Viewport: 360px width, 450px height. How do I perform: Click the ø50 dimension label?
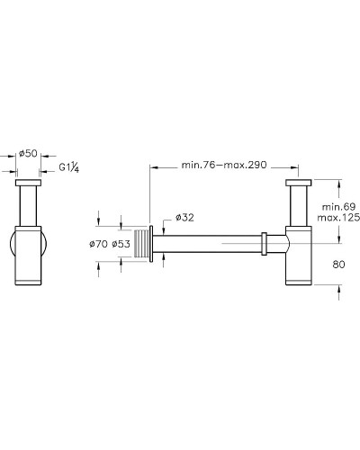28,154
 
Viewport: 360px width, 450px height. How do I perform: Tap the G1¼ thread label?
69,166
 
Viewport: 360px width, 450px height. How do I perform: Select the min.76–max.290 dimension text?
224,165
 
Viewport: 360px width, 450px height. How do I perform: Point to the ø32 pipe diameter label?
184,217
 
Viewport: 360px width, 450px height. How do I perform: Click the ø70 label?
98,244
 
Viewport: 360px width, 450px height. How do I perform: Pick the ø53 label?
121,244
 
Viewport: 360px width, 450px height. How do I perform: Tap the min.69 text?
338,206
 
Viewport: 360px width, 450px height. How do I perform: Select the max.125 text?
338,218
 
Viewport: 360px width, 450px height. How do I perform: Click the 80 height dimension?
338,265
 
